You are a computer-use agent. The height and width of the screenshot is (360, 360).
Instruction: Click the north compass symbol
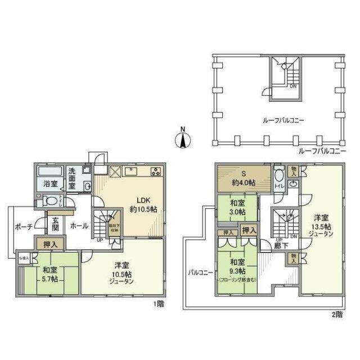(x=182, y=137)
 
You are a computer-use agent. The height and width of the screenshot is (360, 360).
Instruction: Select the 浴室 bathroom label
(x=49, y=183)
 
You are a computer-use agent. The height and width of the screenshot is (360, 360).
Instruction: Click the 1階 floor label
(x=159, y=304)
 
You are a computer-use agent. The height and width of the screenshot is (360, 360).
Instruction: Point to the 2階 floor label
(x=336, y=314)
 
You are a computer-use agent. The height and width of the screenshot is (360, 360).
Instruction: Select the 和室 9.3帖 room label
(x=237, y=266)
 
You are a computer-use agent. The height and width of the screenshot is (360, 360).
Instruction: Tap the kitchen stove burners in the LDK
(x=155, y=172)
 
